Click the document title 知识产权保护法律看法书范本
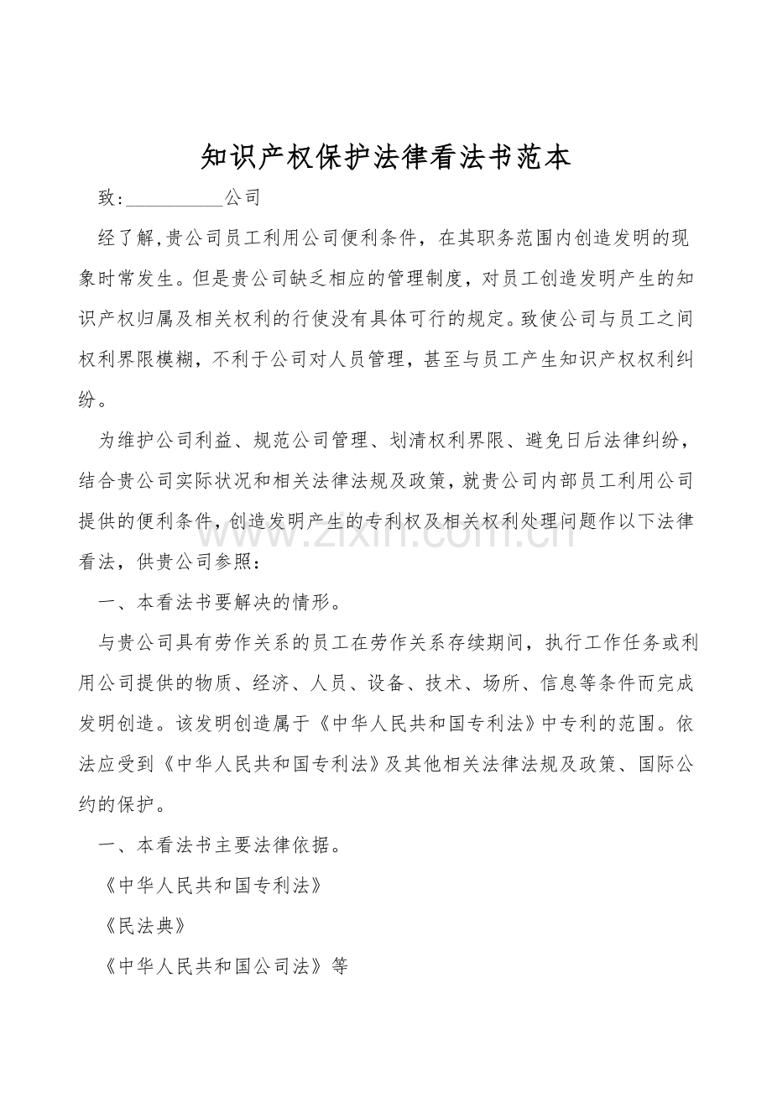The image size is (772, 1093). [x=386, y=156]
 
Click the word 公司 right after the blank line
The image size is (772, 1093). [x=243, y=198]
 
